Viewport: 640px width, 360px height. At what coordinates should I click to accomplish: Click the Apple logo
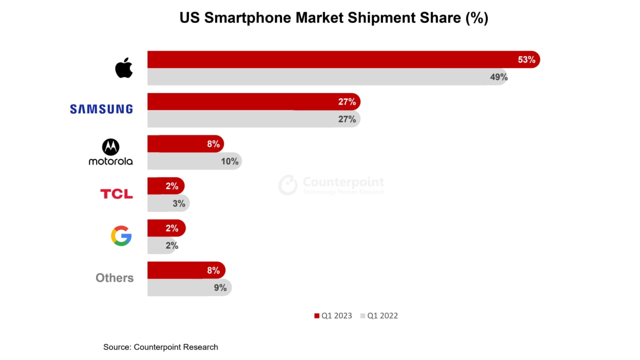[124, 68]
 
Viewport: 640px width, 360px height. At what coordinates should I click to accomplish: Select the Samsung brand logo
[101, 109]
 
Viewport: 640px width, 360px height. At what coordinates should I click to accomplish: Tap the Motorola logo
[110, 152]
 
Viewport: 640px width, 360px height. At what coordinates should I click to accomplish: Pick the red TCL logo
[116, 194]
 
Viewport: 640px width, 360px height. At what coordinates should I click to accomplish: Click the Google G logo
[121, 236]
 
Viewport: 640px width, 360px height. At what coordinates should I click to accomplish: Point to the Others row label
[114, 278]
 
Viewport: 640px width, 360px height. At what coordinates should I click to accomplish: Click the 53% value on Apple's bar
[526, 60]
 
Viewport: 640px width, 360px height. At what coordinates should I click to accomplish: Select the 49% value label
[498, 77]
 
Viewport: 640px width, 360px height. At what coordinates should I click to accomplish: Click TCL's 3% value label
[179, 203]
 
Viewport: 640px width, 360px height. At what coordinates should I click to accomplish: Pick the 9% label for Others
[220, 287]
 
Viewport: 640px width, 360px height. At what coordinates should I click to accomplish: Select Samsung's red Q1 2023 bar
[250, 102]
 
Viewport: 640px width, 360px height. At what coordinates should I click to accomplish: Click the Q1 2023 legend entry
[333, 315]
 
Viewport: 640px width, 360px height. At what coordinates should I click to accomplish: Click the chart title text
[333, 18]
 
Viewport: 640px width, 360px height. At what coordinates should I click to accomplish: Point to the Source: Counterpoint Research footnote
[160, 347]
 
